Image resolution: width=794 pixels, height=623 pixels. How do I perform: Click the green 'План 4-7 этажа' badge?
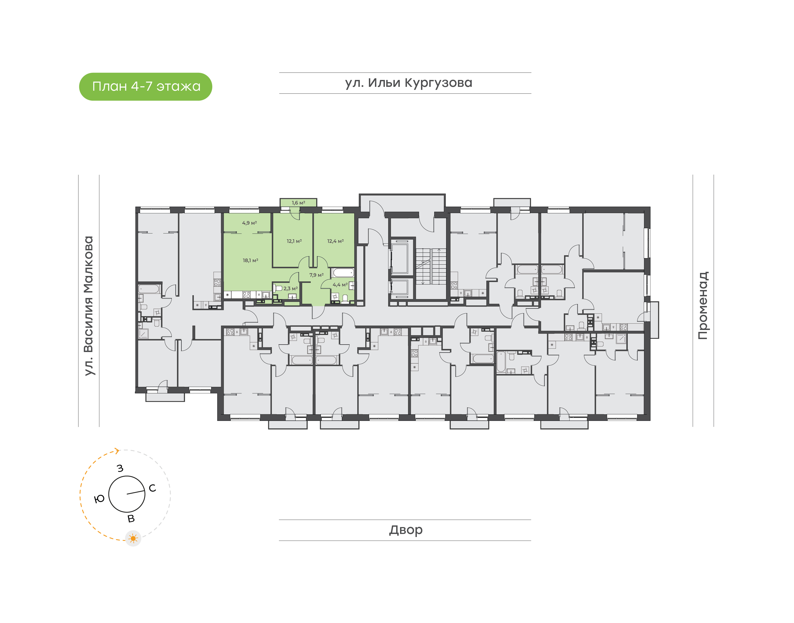(x=146, y=87)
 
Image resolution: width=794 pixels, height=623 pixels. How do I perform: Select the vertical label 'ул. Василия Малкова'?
(x=88, y=306)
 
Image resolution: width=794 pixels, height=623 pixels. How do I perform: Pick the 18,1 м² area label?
(x=251, y=261)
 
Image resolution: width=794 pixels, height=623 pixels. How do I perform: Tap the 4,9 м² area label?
(x=250, y=223)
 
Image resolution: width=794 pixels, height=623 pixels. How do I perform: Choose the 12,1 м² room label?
(x=294, y=241)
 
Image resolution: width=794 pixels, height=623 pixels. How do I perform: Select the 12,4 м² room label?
(x=335, y=241)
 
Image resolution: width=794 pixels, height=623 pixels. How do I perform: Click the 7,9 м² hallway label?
(x=316, y=275)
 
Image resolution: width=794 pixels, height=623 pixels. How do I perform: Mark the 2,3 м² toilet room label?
(x=290, y=289)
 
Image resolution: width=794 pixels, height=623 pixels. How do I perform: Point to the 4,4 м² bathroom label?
(x=340, y=285)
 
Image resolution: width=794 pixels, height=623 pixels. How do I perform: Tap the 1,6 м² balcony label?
(x=298, y=203)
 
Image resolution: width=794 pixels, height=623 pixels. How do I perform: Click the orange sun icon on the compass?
(x=133, y=538)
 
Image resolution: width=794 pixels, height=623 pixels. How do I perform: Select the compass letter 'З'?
(x=120, y=468)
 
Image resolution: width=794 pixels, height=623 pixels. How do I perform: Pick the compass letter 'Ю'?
(x=99, y=499)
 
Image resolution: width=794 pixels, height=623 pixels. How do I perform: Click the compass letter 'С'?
(x=152, y=488)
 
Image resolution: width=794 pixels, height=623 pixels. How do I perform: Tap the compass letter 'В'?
(x=131, y=519)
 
